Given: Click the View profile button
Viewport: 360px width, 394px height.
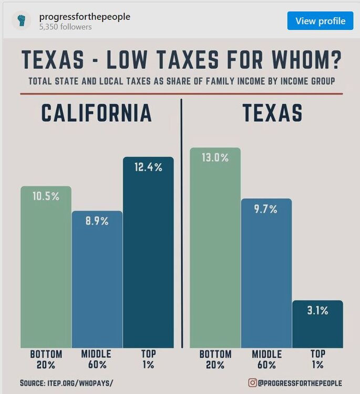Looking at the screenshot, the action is tap(320, 20).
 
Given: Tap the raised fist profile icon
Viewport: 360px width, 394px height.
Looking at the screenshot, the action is tap(22, 20).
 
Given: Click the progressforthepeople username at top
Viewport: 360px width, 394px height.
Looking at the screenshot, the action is tap(85, 17).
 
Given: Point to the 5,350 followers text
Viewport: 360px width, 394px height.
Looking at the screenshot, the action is tap(65, 27).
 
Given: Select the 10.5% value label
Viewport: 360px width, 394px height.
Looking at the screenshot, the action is tap(46, 196).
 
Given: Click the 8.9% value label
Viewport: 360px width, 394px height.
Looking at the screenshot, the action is tap(97, 221).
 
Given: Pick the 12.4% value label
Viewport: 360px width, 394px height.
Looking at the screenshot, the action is tap(148, 167).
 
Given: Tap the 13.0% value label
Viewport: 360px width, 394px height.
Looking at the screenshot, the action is tap(215, 158).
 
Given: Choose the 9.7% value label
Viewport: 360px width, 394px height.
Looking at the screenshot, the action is tap(266, 209).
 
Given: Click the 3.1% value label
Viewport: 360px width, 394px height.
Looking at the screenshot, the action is tap(317, 310).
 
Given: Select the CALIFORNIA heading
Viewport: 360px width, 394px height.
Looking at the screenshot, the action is tap(97, 113).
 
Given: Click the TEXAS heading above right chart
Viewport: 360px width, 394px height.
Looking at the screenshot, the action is tap(273, 113).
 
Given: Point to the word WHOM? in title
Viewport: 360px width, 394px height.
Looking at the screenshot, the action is tap(307, 60).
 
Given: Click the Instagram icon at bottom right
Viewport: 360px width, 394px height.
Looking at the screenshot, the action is tap(252, 382).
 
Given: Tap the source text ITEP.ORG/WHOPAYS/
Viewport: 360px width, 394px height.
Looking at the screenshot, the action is tap(80, 383).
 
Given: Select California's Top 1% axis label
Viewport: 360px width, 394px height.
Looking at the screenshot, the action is tap(148, 359).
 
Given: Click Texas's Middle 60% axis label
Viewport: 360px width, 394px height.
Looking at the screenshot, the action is tap(267, 359).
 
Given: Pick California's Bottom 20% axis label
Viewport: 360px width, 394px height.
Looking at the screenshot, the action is tap(46, 359).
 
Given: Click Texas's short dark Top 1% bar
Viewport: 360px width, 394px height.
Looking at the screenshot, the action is tap(317, 324).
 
